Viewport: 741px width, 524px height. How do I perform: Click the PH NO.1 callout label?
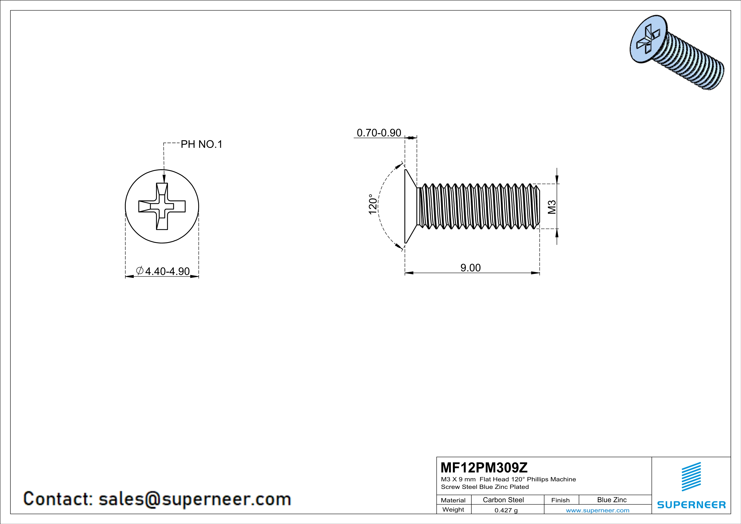[x=201, y=144]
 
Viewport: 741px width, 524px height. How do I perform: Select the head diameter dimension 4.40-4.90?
[x=167, y=271]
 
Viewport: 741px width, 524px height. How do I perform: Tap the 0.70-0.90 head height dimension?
[x=379, y=133]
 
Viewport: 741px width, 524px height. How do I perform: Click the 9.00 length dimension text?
[x=470, y=267]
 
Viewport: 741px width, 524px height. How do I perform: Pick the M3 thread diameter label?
[x=552, y=207]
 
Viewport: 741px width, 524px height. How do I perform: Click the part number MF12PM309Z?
[x=484, y=467]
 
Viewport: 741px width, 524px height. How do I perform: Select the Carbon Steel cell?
[x=503, y=500]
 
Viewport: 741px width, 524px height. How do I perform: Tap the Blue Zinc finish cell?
[x=611, y=500]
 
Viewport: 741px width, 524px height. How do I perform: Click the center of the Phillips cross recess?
[x=162, y=206]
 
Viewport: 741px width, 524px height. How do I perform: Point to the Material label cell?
[x=453, y=500]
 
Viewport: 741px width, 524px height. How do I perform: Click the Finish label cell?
[x=560, y=500]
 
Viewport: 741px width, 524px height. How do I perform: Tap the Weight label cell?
[x=453, y=509]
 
